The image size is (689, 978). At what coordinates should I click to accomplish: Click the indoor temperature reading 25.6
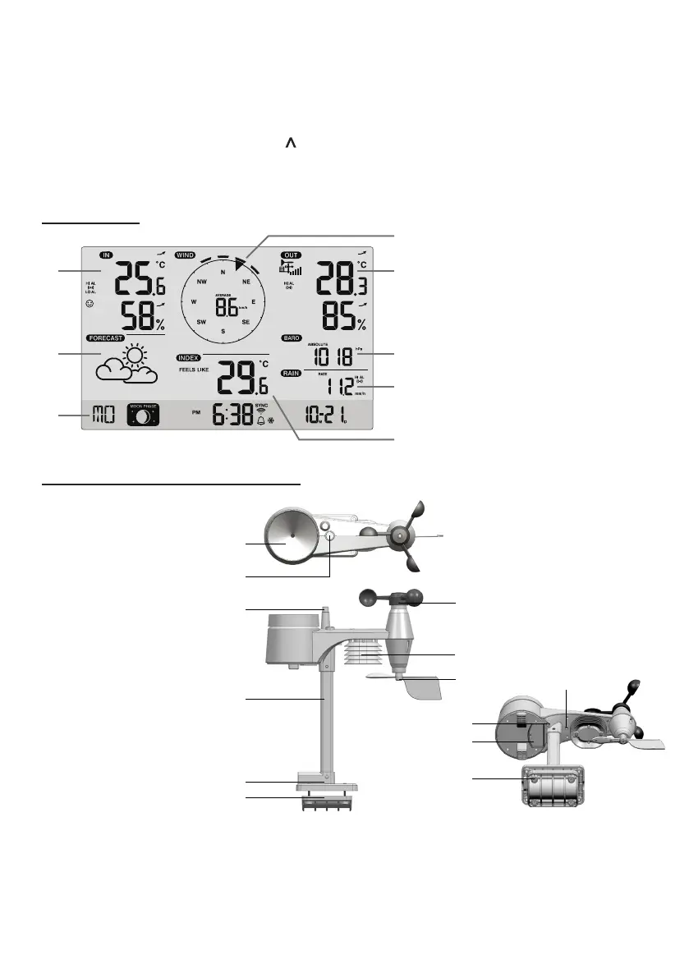(x=139, y=281)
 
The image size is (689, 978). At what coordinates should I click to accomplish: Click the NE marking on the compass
(x=246, y=282)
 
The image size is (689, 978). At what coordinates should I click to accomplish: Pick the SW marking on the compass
(x=201, y=323)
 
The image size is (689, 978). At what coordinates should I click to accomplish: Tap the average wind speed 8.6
(x=225, y=306)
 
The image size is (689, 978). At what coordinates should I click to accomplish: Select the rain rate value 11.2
(x=336, y=386)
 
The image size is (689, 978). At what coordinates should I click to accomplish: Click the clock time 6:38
(x=233, y=415)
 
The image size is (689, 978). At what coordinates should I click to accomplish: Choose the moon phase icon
(x=143, y=416)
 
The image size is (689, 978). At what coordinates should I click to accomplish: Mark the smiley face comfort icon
(x=90, y=303)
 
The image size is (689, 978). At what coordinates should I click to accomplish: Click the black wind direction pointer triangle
(x=239, y=264)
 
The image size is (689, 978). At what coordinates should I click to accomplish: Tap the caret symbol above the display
(x=289, y=145)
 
